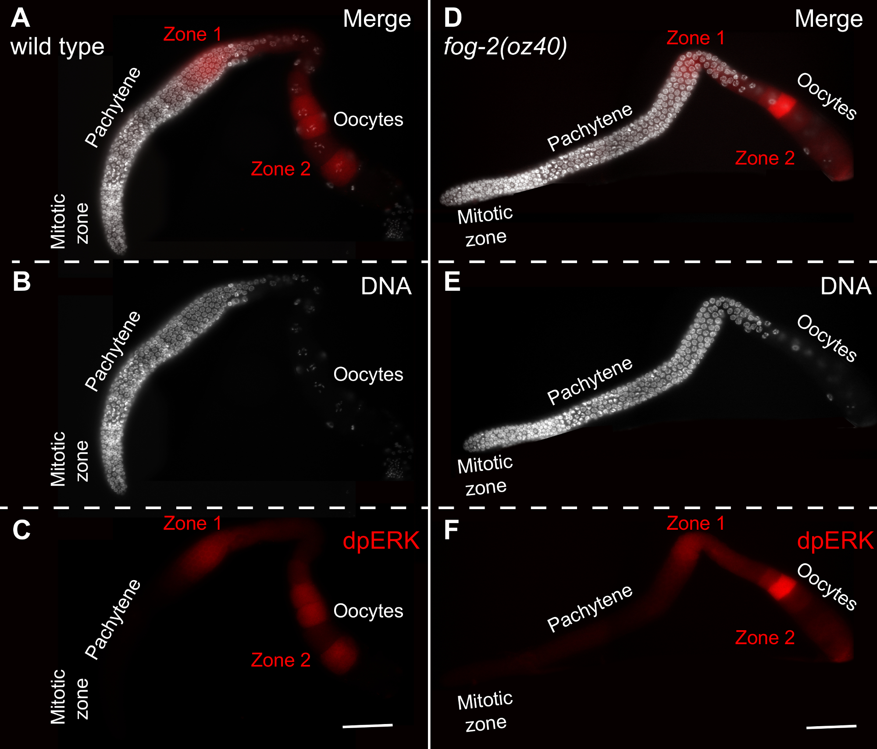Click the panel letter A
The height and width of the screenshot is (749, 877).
(21, 18)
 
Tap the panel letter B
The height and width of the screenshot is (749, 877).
(21, 282)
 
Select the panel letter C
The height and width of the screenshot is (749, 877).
(21, 530)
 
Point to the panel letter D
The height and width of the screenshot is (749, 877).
(453, 18)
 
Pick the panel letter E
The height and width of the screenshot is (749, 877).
(452, 282)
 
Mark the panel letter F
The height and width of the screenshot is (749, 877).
(451, 530)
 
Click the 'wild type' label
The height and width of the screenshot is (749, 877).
(57, 46)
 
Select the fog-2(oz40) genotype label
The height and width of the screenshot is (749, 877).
(505, 46)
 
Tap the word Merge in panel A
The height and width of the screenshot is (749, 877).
(377, 19)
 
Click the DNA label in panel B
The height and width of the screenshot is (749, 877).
(386, 286)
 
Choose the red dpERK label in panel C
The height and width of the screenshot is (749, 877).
(381, 541)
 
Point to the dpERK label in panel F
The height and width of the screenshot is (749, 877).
(835, 541)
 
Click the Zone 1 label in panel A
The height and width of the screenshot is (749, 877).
(192, 34)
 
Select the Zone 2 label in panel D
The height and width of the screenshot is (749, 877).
(765, 158)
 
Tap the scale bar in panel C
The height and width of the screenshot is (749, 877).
(367, 726)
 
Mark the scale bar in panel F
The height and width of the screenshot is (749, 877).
(831, 727)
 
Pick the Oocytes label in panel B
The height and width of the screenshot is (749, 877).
(368, 374)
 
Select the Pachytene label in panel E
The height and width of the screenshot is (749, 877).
(590, 381)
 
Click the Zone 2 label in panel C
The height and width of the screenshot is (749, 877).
(281, 660)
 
